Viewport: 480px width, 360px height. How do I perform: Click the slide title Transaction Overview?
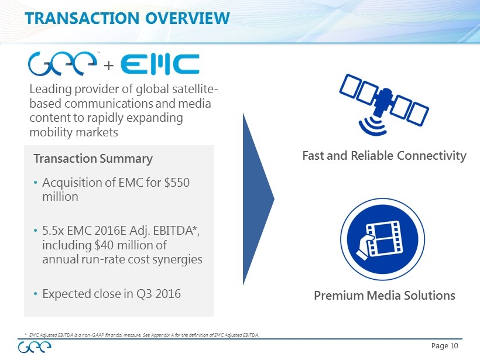[x=128, y=18]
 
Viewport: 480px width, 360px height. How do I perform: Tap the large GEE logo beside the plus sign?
[x=63, y=63]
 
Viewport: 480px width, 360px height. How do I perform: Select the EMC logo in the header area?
[x=160, y=64]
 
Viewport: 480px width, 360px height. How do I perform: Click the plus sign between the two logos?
[x=109, y=66]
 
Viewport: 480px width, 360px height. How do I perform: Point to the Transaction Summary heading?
[x=93, y=159]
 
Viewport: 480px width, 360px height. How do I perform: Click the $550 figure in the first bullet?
[x=177, y=183]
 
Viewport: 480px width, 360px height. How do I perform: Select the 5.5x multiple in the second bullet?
[x=53, y=231]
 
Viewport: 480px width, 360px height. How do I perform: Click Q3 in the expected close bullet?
[x=144, y=294]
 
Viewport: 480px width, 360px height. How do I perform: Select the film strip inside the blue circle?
[x=384, y=238]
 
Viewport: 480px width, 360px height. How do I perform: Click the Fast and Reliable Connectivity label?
[x=384, y=156]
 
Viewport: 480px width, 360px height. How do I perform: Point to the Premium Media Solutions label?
[x=385, y=296]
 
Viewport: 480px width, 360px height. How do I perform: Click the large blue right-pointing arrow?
[x=256, y=199]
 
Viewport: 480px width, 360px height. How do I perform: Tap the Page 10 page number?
[x=444, y=346]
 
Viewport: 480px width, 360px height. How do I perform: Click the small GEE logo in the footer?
[x=35, y=348]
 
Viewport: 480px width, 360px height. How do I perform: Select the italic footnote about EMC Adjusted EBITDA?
[x=142, y=335]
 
